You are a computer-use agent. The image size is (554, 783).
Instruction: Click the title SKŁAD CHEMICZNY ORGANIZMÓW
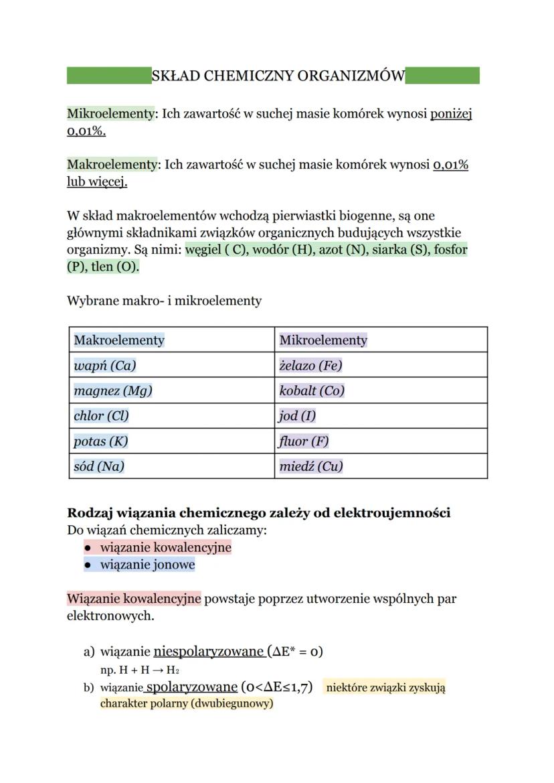278,76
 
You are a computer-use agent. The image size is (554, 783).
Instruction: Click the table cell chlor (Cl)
101,416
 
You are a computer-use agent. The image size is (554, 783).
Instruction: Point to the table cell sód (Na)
99,466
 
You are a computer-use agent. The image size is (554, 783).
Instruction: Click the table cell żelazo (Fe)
310,366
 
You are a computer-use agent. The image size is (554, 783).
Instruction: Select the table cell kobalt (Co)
312,390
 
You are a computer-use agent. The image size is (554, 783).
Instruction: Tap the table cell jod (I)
297,416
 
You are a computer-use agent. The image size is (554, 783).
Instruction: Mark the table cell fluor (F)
304,441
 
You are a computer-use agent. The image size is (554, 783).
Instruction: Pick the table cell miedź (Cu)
310,466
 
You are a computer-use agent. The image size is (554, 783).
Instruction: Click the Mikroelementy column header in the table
323,340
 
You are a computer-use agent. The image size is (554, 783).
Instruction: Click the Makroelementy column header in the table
118,340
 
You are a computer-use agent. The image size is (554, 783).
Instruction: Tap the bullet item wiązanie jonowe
147,565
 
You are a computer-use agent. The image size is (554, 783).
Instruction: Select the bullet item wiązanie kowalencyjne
165,547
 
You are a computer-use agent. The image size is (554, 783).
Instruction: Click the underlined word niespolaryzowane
209,651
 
